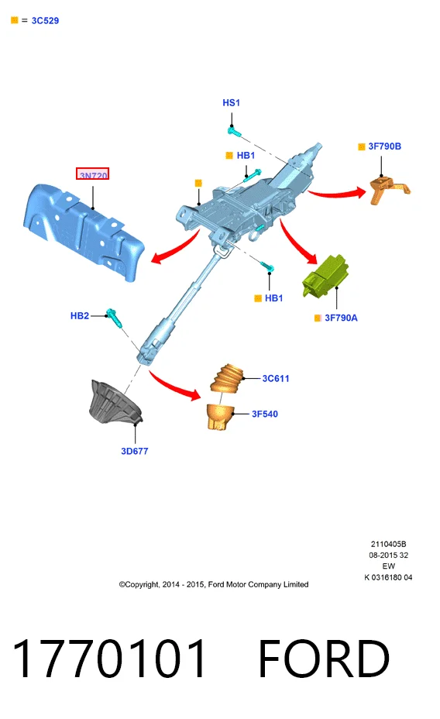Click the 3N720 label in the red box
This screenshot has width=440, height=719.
[x=93, y=174]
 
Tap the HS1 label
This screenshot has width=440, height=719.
[x=231, y=103]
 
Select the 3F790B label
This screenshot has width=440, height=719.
[x=384, y=146]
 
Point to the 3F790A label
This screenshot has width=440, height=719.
[x=341, y=318]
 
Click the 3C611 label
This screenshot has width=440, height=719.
[x=276, y=378]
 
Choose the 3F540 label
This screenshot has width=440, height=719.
[x=265, y=414]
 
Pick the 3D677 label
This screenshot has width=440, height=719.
[x=134, y=451]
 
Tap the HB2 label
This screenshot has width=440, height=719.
[x=80, y=315]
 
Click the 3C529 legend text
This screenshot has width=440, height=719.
[x=45, y=21]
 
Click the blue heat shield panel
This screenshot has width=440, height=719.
[x=84, y=232]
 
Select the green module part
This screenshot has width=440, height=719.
[x=325, y=276]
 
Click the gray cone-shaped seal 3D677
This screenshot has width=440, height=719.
[x=115, y=402]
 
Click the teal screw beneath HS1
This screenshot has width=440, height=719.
[x=234, y=132]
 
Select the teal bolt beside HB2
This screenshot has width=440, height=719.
[x=114, y=318]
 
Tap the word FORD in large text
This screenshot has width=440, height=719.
[x=324, y=659]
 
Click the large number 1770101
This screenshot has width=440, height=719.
[x=109, y=659]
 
